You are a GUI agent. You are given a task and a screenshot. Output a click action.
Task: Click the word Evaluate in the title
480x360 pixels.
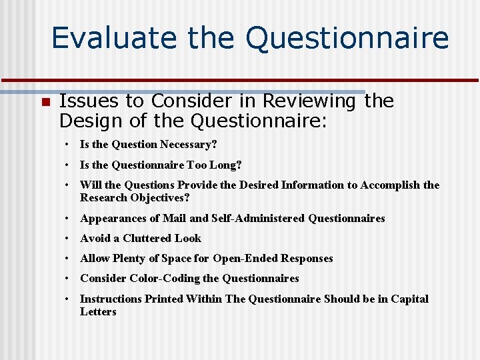[114, 38]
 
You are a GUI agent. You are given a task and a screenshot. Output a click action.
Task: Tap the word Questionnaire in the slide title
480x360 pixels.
[347, 38]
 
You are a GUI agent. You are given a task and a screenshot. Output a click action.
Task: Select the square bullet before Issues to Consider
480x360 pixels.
[45, 102]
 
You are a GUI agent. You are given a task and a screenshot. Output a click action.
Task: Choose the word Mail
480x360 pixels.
[172, 218]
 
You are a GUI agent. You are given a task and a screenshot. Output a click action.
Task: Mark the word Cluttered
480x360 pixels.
[147, 238]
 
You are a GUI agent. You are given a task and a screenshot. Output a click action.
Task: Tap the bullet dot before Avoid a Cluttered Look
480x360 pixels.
[68, 239]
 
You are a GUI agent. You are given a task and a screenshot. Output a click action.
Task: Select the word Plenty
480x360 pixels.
[129, 259]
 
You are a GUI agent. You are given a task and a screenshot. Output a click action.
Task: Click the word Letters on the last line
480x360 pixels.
[98, 311]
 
